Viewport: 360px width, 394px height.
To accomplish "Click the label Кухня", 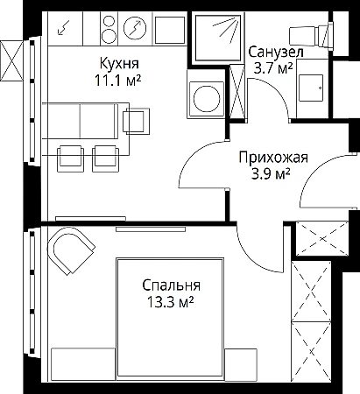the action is click(119, 63).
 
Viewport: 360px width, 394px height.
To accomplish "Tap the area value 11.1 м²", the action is click(117, 80).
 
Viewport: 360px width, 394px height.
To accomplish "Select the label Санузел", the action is click(276, 53).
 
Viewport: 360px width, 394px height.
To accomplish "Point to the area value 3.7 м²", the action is click(273, 68).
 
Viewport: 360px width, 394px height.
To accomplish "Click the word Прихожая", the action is click(273, 158).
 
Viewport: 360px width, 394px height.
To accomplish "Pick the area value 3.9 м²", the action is click(271, 174).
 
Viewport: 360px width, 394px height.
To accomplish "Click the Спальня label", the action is click(172, 285).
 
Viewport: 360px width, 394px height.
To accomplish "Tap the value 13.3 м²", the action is click(171, 302).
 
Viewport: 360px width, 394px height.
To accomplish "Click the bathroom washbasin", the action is click(311, 88).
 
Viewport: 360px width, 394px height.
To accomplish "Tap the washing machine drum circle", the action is click(207, 99).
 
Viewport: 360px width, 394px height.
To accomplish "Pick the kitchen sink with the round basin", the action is click(135, 28).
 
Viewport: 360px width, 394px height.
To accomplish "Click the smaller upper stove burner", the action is click(109, 21).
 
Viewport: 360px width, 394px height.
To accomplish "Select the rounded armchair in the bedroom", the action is click(71, 250).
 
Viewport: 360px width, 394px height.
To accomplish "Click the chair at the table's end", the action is click(137, 121).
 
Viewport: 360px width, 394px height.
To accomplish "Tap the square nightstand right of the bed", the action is click(241, 364).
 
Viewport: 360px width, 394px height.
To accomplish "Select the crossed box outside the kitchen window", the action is click(11, 60).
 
